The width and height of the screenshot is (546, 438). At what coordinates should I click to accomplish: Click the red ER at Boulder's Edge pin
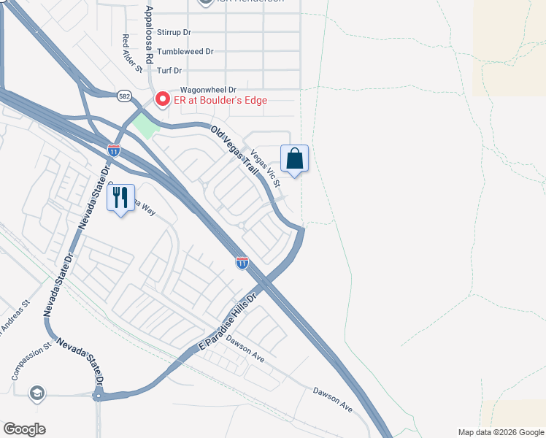[x=161, y=99]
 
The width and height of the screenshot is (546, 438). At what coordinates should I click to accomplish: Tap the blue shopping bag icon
[x=294, y=158]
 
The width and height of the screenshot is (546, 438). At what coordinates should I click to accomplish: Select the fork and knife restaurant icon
[x=121, y=196]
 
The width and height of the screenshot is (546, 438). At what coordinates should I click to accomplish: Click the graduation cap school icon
[x=35, y=393]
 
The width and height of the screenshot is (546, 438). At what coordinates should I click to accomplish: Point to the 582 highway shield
[x=125, y=95]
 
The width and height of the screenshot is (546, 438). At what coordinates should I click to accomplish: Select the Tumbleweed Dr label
[x=185, y=51]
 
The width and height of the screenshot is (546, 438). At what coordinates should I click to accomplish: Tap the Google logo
[x=24, y=429]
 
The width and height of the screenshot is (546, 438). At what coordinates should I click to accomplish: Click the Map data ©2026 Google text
[x=500, y=432]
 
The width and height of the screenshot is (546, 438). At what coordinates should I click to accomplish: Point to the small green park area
[x=145, y=126]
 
